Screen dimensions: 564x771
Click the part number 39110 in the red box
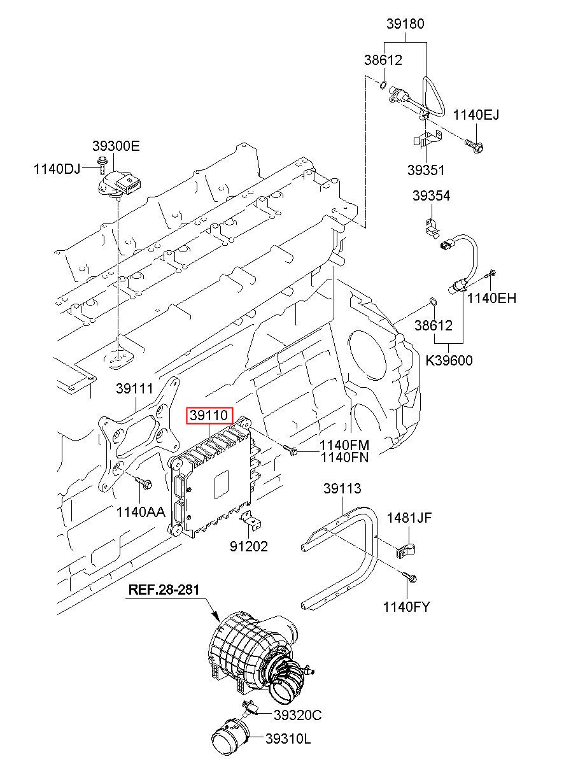pos(209,415)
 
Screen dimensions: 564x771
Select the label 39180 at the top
pos(405,24)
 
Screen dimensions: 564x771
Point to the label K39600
pos(449,360)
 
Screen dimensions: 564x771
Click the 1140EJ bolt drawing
pos(474,145)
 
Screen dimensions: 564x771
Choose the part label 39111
pos(134,388)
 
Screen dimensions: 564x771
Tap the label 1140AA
pos(141,512)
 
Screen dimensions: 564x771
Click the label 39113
pos(342,488)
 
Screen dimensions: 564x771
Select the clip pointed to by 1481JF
pos(405,550)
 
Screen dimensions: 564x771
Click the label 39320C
pos(298,715)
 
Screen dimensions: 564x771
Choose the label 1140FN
pos(344,458)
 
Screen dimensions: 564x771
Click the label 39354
pos(431,196)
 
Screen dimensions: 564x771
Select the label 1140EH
pos(491,298)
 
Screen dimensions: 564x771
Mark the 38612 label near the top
pos(383,60)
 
